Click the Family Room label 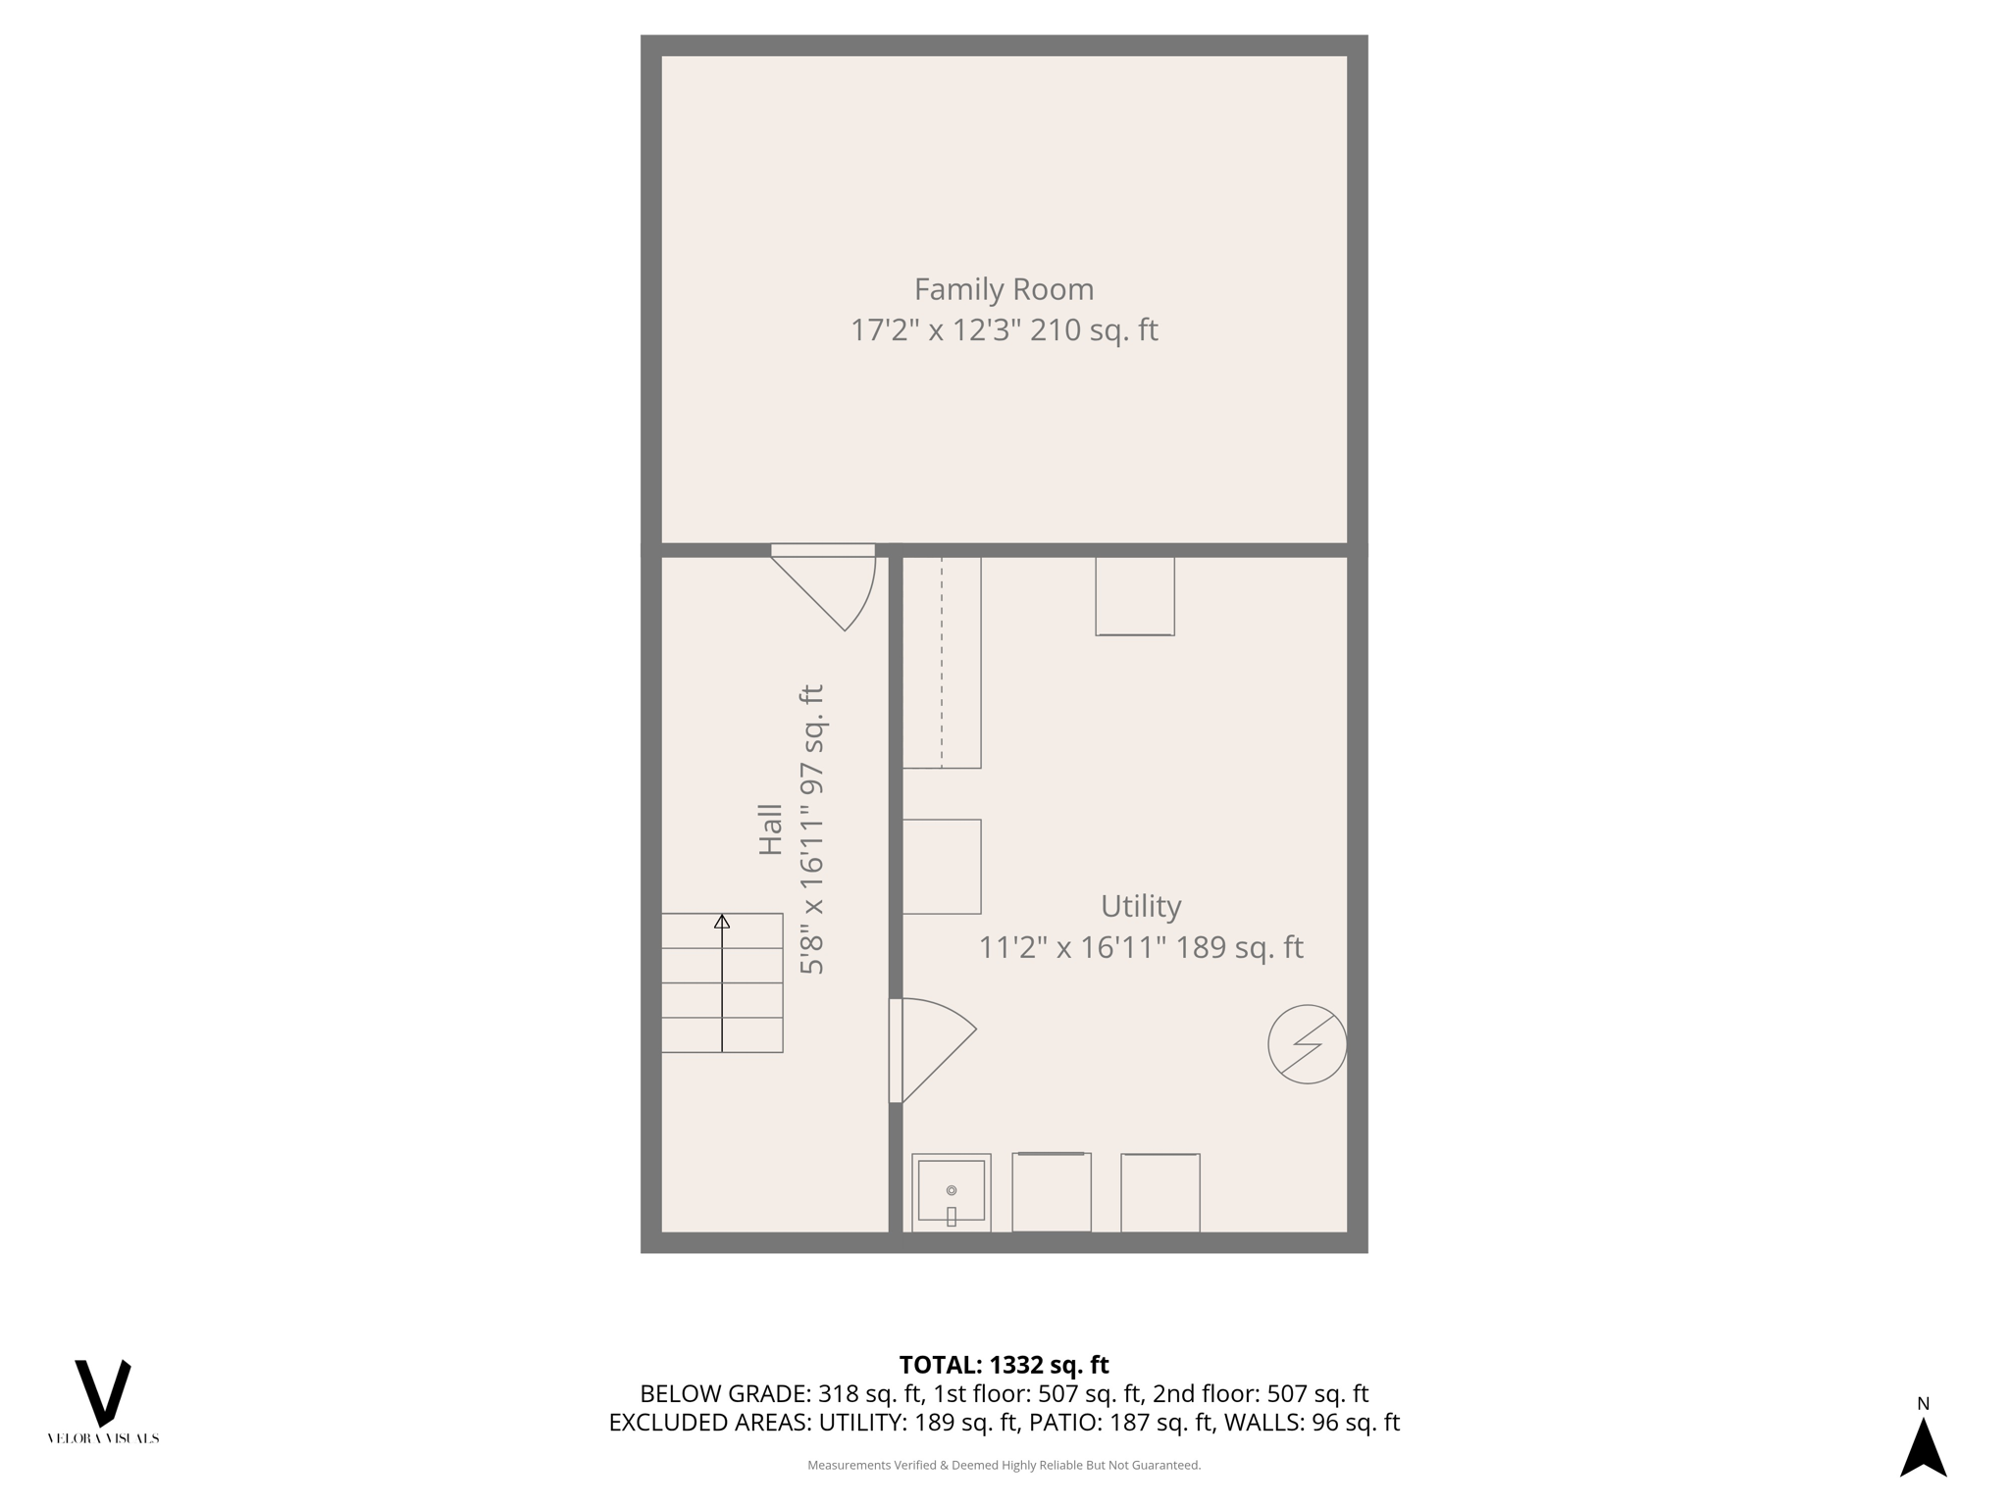click(x=1004, y=289)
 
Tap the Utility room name click(x=1140, y=906)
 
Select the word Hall click(x=771, y=829)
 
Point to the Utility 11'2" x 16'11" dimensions click(x=1072, y=948)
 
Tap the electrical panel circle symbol click(x=1307, y=1044)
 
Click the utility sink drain click(x=951, y=1190)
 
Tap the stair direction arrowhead click(x=722, y=922)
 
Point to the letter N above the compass click(x=1923, y=1404)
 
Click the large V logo click(x=103, y=1392)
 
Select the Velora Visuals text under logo click(x=103, y=1438)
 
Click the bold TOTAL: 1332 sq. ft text click(x=1004, y=1365)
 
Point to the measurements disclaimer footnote click(x=1004, y=1465)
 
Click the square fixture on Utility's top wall click(x=1135, y=596)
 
